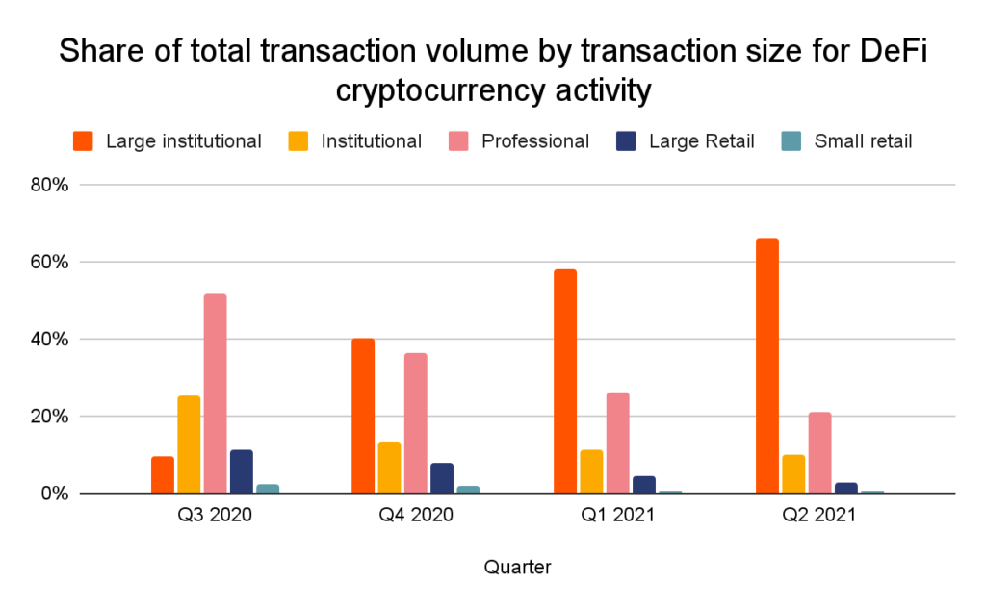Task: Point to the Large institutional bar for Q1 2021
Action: click(x=565, y=381)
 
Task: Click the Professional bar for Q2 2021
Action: click(x=819, y=452)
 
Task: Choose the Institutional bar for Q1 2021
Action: click(x=591, y=471)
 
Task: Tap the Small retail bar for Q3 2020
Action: click(x=268, y=489)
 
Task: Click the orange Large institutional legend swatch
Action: click(x=85, y=141)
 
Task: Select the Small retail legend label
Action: click(x=863, y=141)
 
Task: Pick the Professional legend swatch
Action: click(x=460, y=141)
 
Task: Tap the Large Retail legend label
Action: click(x=701, y=141)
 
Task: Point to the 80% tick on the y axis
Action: click(x=48, y=185)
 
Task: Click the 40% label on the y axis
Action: click(x=48, y=340)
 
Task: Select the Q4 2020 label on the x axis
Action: click(x=415, y=515)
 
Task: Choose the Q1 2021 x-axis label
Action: click(x=617, y=515)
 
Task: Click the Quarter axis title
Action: click(x=517, y=568)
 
